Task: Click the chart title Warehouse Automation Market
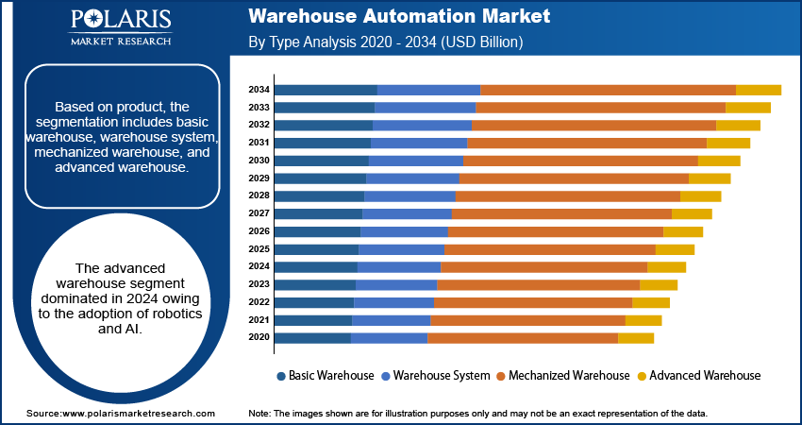tap(399, 17)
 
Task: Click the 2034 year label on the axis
tap(259, 90)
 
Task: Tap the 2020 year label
tap(259, 338)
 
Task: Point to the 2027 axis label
tap(259, 213)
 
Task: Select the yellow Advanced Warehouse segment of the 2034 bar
tap(758, 90)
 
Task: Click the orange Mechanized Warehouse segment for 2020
tap(522, 338)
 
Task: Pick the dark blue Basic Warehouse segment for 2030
tap(321, 161)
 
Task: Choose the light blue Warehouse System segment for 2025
tap(401, 249)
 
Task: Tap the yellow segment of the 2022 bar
tap(650, 302)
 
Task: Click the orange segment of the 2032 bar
tap(593, 126)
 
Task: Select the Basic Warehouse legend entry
tap(325, 375)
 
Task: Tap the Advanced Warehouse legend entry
tap(697, 375)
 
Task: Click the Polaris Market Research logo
tap(120, 28)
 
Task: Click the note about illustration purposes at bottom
tap(477, 414)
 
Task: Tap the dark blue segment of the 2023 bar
tap(314, 284)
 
